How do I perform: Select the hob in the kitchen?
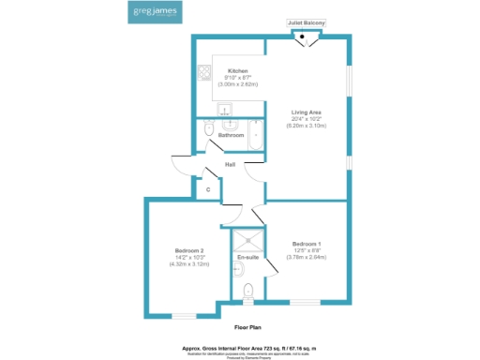203,71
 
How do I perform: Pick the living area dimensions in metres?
306,126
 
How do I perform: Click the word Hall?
229,166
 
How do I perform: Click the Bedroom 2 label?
189,249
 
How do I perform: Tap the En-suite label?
247,256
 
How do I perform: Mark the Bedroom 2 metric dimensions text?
189,263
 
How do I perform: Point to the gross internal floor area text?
247,346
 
